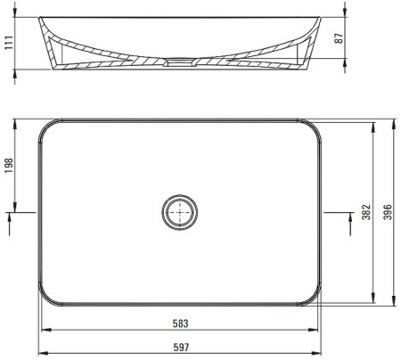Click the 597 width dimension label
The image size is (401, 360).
(181, 347)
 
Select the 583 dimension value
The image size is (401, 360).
(181, 323)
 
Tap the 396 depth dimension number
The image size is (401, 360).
(388, 212)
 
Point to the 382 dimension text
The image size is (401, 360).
(366, 212)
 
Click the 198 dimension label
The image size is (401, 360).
(9, 166)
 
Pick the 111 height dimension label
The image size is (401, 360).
(9, 43)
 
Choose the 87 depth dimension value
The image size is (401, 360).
(339, 38)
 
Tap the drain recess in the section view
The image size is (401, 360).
(180, 61)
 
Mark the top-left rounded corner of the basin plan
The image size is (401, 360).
(45, 126)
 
